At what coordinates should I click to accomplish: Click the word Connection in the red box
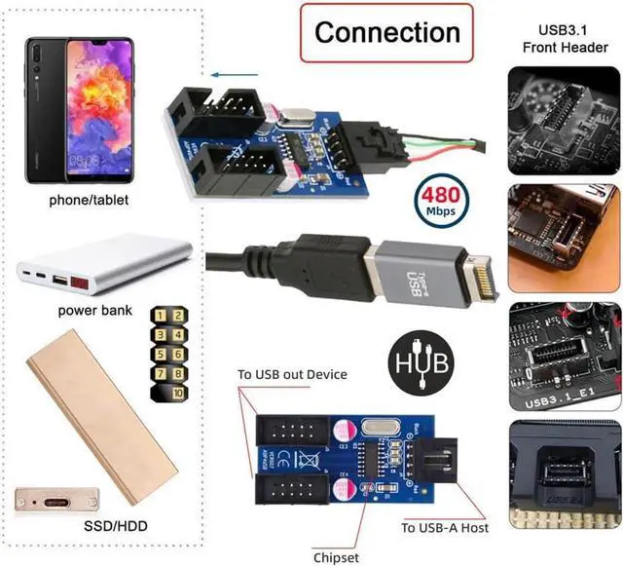click(386, 32)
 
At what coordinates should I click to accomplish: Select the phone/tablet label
click(89, 200)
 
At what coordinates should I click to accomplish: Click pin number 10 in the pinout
click(178, 392)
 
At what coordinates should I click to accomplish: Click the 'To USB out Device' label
click(292, 375)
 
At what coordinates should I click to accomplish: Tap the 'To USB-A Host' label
click(445, 527)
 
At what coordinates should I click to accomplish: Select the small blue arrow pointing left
click(229, 74)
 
